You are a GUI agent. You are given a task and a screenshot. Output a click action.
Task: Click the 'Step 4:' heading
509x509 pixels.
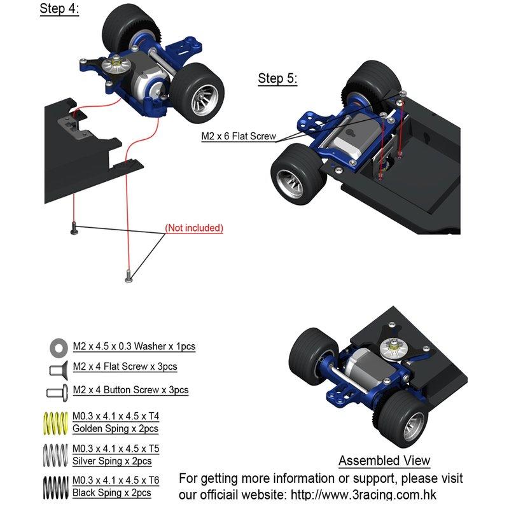59,8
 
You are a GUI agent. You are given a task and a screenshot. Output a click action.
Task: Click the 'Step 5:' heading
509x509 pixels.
277,78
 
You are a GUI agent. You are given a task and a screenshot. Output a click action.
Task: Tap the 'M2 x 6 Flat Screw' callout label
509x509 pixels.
239,136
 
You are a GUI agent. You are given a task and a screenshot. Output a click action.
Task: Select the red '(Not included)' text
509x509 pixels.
194,228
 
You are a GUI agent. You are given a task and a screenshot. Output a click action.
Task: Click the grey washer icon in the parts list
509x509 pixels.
59,347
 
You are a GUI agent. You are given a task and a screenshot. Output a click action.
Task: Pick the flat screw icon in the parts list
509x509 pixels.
59,370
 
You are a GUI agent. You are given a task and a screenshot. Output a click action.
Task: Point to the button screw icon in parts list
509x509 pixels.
57,393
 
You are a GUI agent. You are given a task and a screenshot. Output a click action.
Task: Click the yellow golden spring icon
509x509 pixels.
55,423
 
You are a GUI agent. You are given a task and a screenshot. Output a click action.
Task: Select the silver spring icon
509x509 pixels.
55,455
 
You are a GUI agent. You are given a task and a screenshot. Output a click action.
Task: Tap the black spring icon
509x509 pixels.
55,487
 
